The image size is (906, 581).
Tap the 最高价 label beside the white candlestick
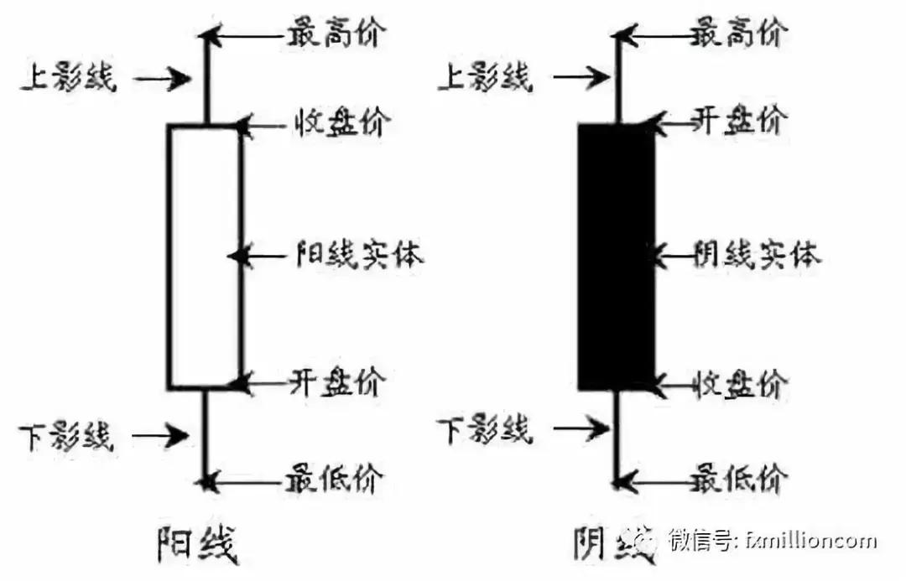(336, 34)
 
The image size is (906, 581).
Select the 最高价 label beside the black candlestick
(739, 34)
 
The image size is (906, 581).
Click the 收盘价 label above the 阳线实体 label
(341, 123)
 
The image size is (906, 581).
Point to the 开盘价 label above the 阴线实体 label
(739, 122)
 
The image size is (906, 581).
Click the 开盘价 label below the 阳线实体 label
(338, 382)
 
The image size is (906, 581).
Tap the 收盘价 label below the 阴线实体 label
(739, 384)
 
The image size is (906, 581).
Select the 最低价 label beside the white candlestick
(336, 480)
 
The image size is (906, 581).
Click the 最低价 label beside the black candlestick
(739, 480)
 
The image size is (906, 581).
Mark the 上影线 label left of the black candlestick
(485, 79)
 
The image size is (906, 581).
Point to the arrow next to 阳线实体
(260, 254)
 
